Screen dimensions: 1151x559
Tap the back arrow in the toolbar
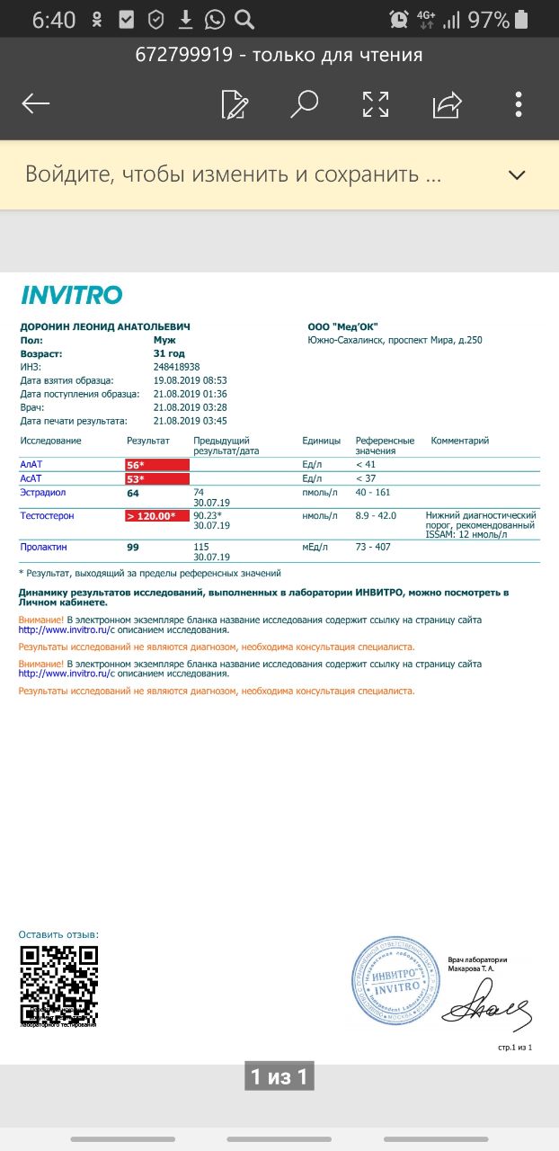(36, 104)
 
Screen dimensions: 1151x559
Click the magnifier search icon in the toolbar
(305, 104)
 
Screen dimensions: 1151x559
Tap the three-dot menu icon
(519, 104)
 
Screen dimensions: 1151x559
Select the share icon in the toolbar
(447, 104)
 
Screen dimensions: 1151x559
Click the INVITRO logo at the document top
(71, 295)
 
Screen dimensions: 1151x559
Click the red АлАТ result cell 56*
(157, 465)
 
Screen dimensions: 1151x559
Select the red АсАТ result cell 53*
(157, 479)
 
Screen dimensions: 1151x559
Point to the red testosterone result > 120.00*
(157, 516)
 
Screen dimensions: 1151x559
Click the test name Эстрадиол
(42, 493)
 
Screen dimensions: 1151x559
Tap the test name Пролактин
(43, 547)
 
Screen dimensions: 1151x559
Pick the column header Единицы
(321, 441)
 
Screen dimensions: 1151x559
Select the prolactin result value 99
(132, 547)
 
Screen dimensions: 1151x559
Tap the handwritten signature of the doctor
(484, 1012)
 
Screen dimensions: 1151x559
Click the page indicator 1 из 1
(279, 1076)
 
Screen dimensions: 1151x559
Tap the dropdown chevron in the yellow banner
(517, 175)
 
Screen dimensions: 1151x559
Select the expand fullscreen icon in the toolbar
(376, 104)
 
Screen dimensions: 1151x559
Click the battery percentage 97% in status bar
(488, 20)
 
